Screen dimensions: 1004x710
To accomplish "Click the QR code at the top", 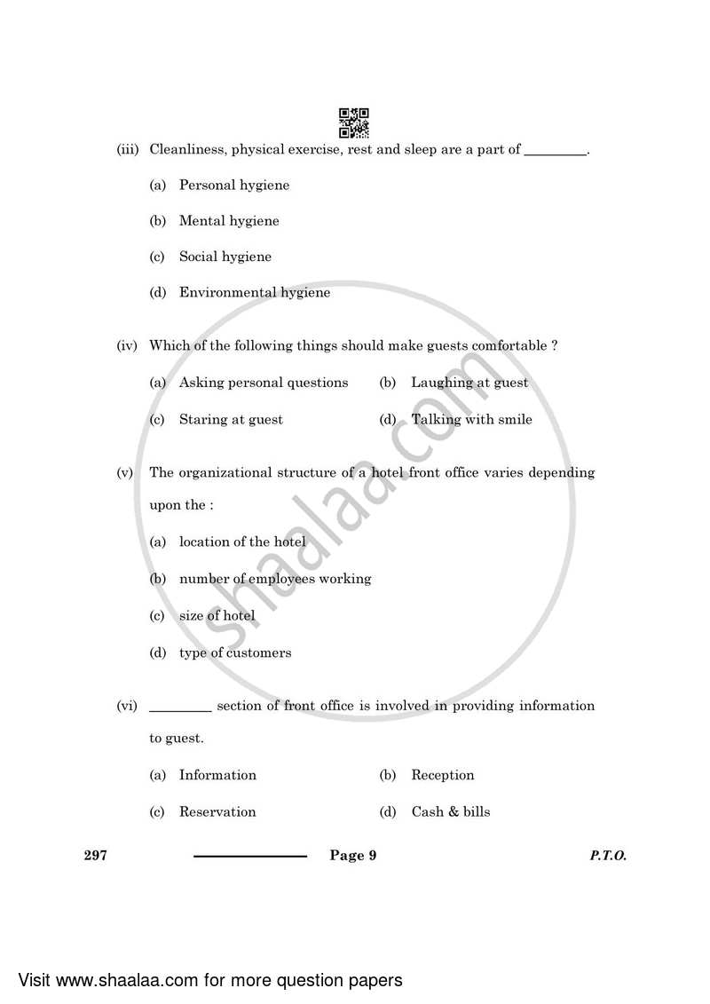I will coord(354,123).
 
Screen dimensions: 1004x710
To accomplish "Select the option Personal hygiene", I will coord(234,186).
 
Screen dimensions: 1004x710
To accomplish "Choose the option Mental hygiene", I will coord(229,221).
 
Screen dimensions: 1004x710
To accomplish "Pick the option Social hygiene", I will coord(225,257).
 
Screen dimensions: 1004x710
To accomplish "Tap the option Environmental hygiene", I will coord(255,293).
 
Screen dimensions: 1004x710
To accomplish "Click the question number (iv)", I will coord(127,346).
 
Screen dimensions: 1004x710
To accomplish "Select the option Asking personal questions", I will coord(264,383).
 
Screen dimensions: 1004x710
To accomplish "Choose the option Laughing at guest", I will coord(469,383).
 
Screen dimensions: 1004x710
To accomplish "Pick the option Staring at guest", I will coord(231,420).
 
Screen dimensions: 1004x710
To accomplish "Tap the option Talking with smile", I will coord(471,420).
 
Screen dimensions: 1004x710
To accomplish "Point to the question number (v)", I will coord(125,473).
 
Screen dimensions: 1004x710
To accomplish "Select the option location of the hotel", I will coord(242,542).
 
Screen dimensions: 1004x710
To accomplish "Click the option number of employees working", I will coord(275,579).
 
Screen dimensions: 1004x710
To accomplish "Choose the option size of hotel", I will coord(217,616).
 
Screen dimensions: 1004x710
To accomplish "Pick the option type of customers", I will coord(235,653).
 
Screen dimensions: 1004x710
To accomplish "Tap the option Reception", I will coord(442,776).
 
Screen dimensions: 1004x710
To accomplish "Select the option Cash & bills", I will coord(450,812).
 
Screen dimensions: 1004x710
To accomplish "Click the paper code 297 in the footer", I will coord(95,856).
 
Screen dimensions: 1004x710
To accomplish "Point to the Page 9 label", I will coord(353,856).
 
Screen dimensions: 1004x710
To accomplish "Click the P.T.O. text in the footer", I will coord(607,856).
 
